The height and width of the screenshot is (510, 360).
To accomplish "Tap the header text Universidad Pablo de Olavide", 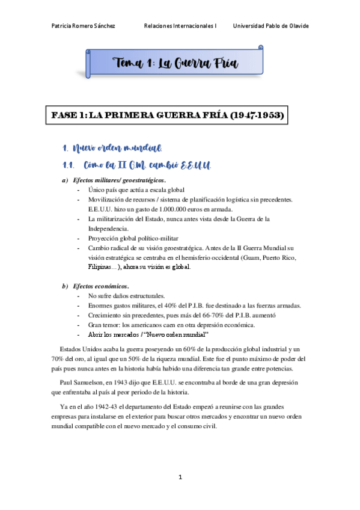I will click(x=270, y=26).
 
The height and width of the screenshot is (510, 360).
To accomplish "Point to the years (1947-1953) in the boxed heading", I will click(x=252, y=114).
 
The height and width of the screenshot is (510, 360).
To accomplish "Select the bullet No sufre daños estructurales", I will click(x=126, y=296).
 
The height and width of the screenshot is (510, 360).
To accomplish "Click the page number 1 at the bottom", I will click(x=180, y=477).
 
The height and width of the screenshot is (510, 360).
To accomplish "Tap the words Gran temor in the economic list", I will click(x=103, y=325).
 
